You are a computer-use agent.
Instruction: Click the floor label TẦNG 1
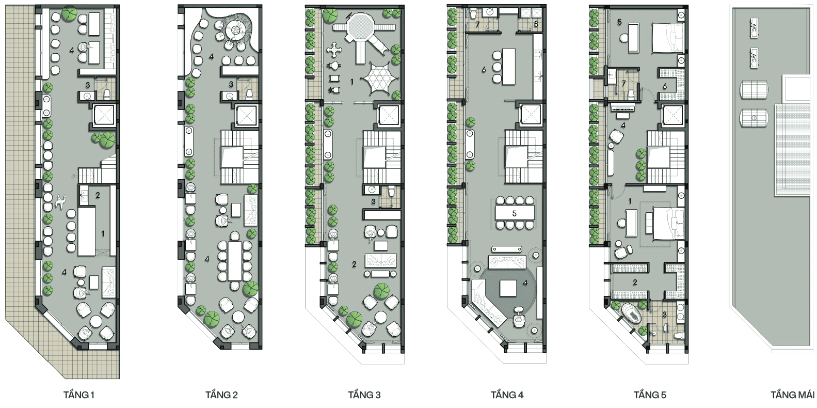tap(79, 395)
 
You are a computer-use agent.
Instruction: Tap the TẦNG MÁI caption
tap(793, 395)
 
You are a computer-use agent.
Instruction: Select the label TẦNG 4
tap(507, 395)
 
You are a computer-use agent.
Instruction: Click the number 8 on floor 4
tap(536, 24)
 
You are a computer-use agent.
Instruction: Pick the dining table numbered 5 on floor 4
tap(514, 213)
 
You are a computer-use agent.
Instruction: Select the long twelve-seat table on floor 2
tap(235, 261)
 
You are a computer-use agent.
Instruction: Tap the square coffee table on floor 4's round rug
tap(508, 288)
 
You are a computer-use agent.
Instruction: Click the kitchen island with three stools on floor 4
tap(508, 67)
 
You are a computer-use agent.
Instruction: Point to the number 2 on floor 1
tap(98, 195)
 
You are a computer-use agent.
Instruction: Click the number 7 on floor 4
tap(477, 25)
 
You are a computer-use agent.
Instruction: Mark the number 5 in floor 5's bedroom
tap(619, 22)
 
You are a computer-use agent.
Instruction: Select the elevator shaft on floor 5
tap(672, 115)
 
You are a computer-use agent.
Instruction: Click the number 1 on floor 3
tap(352, 82)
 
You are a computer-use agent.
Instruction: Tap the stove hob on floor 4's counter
tap(538, 55)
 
